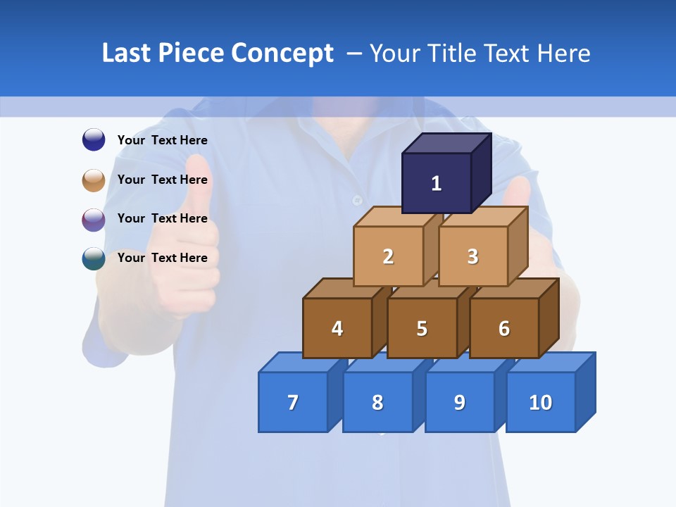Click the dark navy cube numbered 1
point(437,183)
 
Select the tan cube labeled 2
point(388,256)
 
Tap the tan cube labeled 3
point(472,256)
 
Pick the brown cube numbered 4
point(337,328)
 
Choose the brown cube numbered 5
point(422,328)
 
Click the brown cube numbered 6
point(504,328)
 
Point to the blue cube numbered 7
point(293,402)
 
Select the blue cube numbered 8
point(377,402)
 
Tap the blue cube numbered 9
point(460,402)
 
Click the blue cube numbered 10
point(541,402)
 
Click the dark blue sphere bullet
point(94,139)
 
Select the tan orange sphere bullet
point(94,180)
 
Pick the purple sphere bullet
point(94,219)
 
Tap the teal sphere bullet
point(94,258)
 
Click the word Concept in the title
point(282,54)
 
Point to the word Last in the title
point(127,54)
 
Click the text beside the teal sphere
point(163,258)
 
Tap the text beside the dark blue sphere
point(163,140)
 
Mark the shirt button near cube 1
point(357,200)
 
